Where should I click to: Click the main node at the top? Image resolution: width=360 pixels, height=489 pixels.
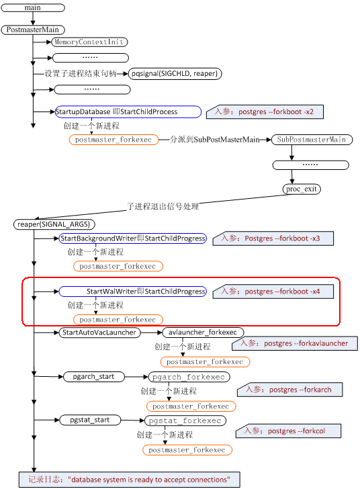coord(32,7)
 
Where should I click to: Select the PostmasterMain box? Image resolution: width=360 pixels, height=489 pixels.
coord(32,30)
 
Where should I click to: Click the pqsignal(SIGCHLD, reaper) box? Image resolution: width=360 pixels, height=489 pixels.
coord(175,73)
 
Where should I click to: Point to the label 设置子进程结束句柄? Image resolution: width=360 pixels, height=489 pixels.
coord(81,73)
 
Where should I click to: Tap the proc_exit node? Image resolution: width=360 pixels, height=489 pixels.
coord(301,189)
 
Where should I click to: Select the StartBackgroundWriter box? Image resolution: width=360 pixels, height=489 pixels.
coord(133,238)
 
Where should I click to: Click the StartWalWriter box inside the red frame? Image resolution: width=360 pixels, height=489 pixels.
coord(132,292)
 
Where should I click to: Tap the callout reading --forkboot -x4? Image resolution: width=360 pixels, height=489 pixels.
coord(279,292)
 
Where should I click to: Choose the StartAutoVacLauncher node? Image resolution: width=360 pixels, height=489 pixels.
coord(99,332)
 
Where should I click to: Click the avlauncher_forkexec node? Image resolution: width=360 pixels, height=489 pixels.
coord(202,332)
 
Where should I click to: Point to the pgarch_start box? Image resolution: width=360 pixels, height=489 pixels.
coord(93,377)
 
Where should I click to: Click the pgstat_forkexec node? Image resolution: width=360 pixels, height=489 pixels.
coord(185,420)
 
